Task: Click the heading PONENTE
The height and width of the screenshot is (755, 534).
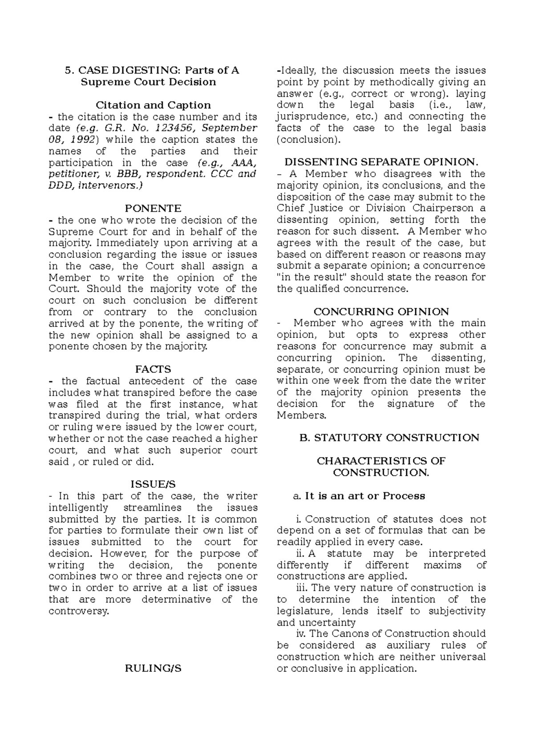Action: [x=153, y=209]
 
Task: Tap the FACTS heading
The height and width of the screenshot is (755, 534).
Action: [x=153, y=369]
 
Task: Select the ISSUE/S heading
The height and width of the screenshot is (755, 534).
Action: [x=153, y=484]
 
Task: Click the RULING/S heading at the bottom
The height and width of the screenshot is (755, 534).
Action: [x=153, y=668]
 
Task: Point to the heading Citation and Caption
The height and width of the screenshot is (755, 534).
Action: [x=153, y=105]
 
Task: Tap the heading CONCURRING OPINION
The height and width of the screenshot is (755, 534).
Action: [x=381, y=312]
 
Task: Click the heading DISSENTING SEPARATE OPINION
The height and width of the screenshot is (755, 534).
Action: [x=381, y=162]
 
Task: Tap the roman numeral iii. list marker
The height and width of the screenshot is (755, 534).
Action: [x=303, y=588]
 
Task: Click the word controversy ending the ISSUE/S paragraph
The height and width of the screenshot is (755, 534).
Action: [x=78, y=611]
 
